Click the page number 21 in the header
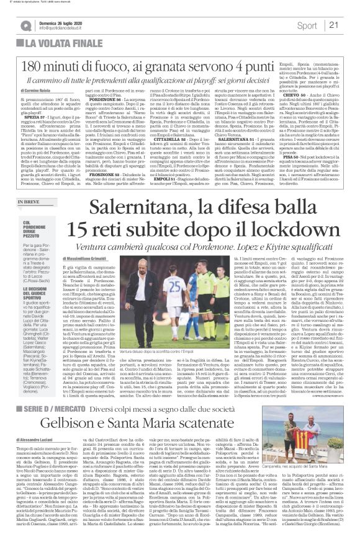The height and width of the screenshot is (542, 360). [x=334, y=25]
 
